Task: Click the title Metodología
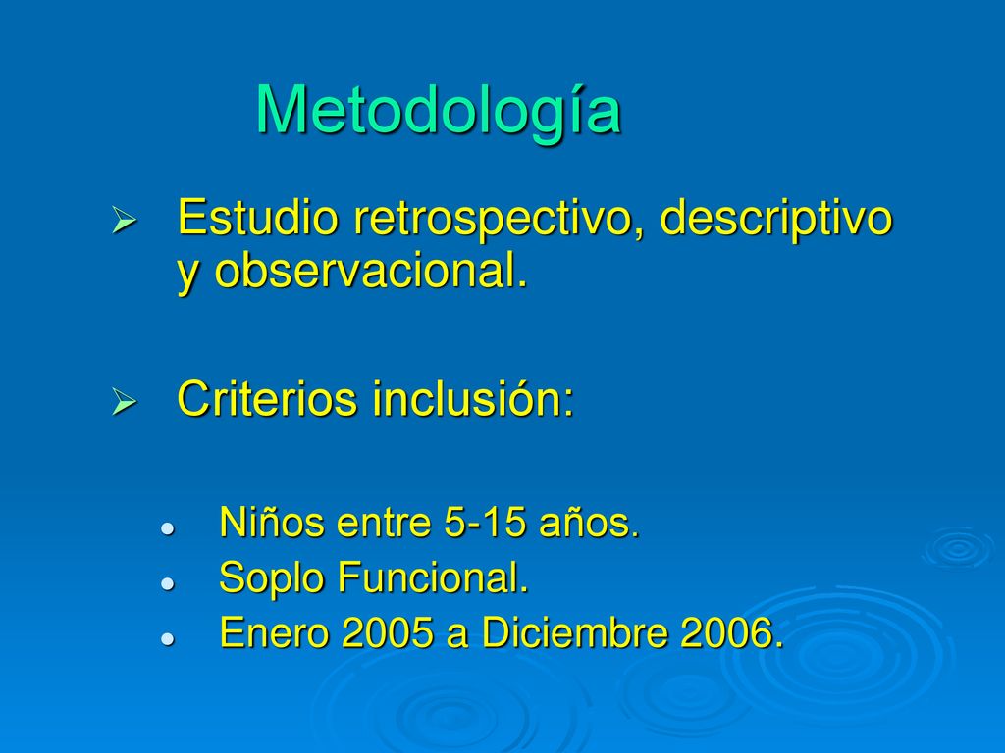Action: (439, 111)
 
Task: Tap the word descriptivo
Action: (775, 219)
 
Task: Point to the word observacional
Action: (370, 271)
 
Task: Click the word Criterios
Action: (266, 398)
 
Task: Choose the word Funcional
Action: (433, 577)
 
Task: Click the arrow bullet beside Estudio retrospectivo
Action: (125, 220)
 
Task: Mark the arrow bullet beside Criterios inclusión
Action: (125, 401)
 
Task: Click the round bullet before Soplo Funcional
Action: (168, 583)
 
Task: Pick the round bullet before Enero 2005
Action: (168, 638)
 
